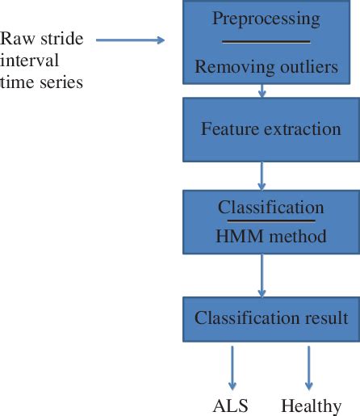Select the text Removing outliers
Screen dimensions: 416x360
(266, 67)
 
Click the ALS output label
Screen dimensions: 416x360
(232, 405)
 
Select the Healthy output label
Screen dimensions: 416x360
(310, 405)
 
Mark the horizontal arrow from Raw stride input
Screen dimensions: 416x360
(130, 38)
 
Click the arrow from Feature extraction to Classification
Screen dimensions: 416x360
(260, 174)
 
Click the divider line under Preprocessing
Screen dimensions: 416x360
(266, 41)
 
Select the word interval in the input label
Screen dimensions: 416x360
(28, 62)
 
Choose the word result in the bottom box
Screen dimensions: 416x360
(323, 317)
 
